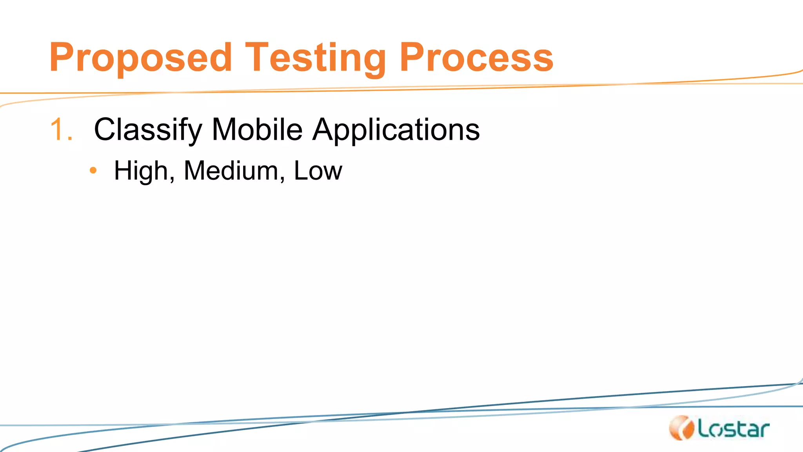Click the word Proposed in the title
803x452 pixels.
click(x=140, y=58)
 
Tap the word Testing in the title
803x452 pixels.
click(x=315, y=58)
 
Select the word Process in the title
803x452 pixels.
click(x=476, y=58)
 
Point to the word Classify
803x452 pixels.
click(x=148, y=129)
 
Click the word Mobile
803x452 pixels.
click(x=257, y=129)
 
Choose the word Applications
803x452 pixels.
click(x=396, y=129)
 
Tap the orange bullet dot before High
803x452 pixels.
click(x=93, y=170)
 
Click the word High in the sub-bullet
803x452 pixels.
click(x=142, y=171)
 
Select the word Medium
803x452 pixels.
click(x=231, y=171)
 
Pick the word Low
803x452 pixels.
click(x=318, y=171)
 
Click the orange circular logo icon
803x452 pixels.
click(x=681, y=428)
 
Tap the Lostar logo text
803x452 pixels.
click(x=733, y=429)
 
